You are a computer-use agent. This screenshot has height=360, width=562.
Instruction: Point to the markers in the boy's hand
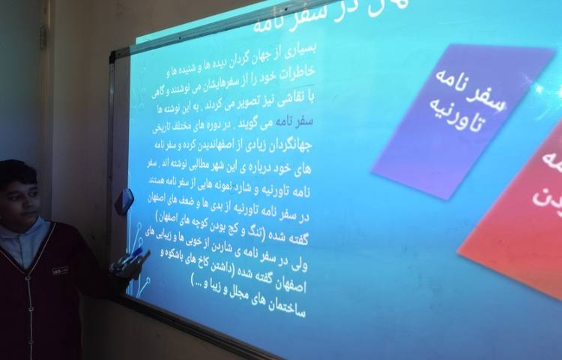(130, 259)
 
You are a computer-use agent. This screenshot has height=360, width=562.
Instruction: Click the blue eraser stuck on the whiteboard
(124, 201)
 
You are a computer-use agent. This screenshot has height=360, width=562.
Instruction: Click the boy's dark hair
(16, 172)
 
